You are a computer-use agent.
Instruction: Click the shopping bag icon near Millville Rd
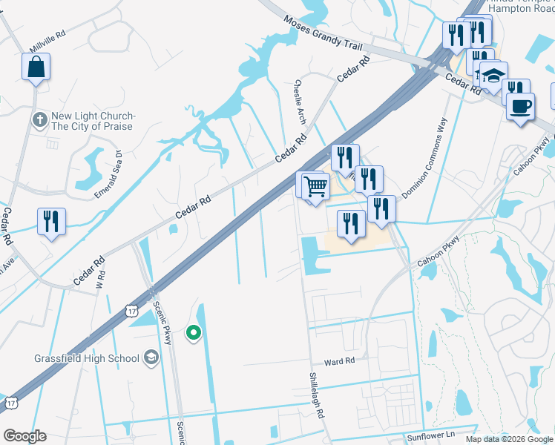pos(36,67)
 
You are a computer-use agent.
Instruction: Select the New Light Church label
pos(92,121)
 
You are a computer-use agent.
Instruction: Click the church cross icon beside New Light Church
pos(39,118)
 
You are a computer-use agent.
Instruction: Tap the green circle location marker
pos(193,333)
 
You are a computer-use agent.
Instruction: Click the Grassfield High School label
pos(86,358)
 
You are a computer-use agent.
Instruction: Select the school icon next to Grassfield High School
pos(151,358)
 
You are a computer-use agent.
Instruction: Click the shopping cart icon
pos(316,185)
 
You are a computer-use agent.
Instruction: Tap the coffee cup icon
pos(520,106)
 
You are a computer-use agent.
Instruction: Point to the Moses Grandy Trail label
pos(323,35)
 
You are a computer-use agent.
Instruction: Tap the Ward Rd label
pos(340,361)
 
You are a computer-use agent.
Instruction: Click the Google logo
pos(24,436)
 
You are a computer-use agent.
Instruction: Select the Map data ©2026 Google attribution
pos(508,439)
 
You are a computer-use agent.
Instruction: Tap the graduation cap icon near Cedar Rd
pos(493,76)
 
